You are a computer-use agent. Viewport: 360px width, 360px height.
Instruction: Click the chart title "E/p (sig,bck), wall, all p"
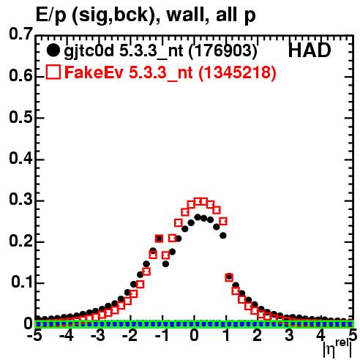pyautogui.click(x=146, y=15)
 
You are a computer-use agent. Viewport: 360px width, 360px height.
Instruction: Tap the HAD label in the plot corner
pyautogui.click(x=310, y=50)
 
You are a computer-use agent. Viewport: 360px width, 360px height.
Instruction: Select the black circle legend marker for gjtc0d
pyautogui.click(x=53, y=50)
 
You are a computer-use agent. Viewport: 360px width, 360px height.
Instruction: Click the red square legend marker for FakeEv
pyautogui.click(x=53, y=72)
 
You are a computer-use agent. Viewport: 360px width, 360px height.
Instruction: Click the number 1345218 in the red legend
pyautogui.click(x=237, y=72)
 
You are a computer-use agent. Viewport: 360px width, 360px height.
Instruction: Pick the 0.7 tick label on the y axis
pyautogui.click(x=20, y=34)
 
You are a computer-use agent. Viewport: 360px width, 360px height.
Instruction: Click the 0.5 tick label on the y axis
pyautogui.click(x=20, y=117)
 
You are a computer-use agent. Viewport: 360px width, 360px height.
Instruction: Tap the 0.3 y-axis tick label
pyautogui.click(x=20, y=200)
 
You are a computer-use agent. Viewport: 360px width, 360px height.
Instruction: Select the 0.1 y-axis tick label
pyautogui.click(x=22, y=282)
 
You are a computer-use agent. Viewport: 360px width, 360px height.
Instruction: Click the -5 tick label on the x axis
pyautogui.click(x=35, y=335)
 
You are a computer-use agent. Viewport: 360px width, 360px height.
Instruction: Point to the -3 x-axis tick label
pyautogui.click(x=97, y=335)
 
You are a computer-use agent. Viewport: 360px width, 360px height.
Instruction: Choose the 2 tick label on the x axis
pyautogui.click(x=258, y=335)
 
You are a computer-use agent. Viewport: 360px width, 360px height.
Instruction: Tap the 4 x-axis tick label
pyautogui.click(x=320, y=335)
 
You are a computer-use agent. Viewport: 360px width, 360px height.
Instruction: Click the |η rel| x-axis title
pyautogui.click(x=337, y=348)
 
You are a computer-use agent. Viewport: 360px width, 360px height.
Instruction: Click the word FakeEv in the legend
pyautogui.click(x=94, y=72)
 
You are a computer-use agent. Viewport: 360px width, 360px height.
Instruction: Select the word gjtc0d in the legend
pyautogui.click(x=89, y=51)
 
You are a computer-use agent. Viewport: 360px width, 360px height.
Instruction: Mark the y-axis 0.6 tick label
pyautogui.click(x=20, y=75)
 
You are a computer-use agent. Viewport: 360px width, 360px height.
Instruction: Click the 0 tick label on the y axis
pyautogui.click(x=29, y=323)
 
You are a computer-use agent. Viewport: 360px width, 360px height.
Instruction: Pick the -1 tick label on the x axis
pyautogui.click(x=162, y=335)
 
